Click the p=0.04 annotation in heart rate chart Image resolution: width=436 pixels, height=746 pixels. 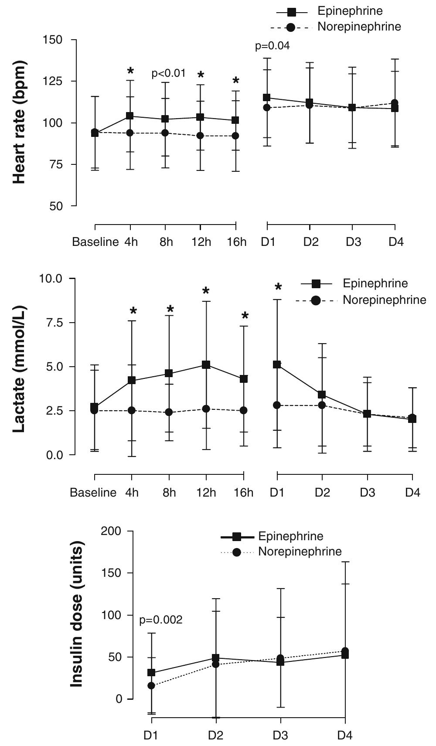[272, 45]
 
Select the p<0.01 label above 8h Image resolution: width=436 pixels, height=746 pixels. [168, 74]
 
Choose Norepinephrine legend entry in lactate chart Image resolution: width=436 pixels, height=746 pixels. [384, 300]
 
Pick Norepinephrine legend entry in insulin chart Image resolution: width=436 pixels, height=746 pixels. [300, 552]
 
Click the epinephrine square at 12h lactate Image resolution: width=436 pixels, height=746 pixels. [206, 364]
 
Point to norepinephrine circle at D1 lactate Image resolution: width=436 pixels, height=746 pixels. [277, 405]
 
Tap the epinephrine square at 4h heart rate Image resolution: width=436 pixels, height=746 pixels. [130, 116]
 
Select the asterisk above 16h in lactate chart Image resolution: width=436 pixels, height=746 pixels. [245, 316]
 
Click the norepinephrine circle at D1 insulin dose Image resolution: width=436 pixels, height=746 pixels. [151, 685]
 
